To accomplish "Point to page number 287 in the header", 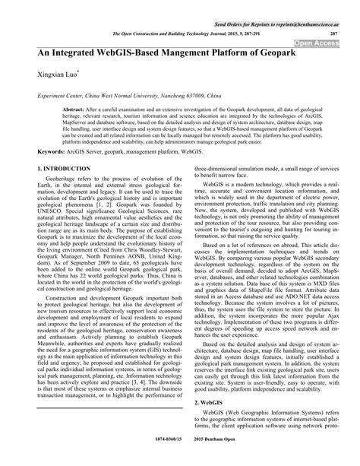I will [333, 35].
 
